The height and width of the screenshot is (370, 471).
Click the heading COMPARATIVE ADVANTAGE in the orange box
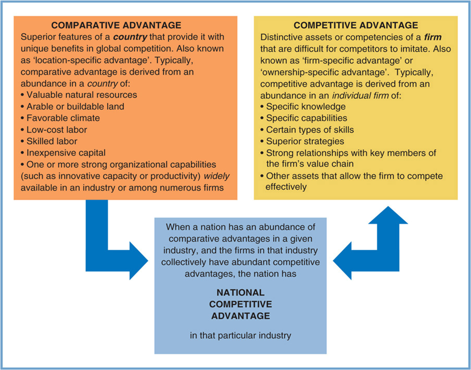click(116, 25)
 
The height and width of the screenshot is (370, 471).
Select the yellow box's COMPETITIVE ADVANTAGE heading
click(356, 25)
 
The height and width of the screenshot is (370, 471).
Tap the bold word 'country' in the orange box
click(130, 37)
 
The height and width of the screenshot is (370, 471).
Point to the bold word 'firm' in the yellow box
click(433, 37)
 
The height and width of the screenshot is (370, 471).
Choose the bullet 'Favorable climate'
click(63, 118)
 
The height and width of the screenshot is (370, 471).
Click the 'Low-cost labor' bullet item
click(57, 130)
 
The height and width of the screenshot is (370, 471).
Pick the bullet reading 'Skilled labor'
click(52, 141)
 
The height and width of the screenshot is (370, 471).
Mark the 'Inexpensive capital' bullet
click(66, 153)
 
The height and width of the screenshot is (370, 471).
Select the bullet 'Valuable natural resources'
click(82, 95)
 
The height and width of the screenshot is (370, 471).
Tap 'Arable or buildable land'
click(75, 107)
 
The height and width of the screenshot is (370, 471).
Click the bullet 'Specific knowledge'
click(306, 107)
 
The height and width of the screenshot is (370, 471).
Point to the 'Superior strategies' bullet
click(305, 141)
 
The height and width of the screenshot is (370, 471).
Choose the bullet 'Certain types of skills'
click(310, 130)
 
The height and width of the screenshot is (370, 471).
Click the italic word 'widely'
click(217, 176)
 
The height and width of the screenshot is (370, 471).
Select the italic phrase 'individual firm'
click(360, 96)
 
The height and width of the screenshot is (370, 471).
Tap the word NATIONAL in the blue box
click(240, 293)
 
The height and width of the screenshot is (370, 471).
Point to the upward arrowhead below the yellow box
click(388, 216)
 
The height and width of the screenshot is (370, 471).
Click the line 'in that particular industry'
click(240, 336)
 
